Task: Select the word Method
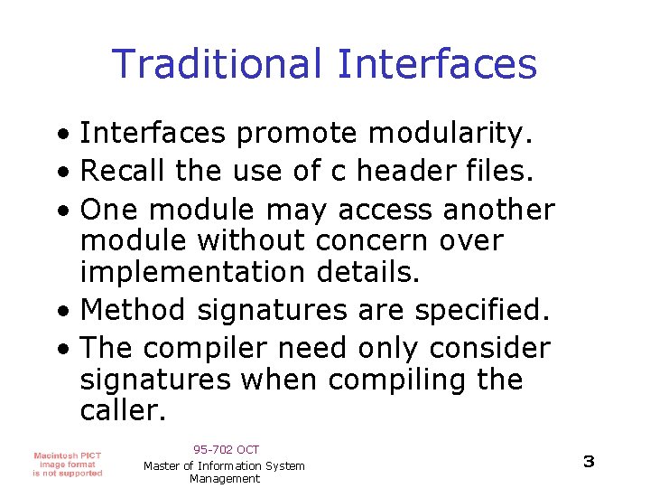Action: click(134, 310)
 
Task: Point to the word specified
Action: click(482, 310)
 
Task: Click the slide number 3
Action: click(589, 462)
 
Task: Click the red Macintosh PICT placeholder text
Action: click(68, 464)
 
